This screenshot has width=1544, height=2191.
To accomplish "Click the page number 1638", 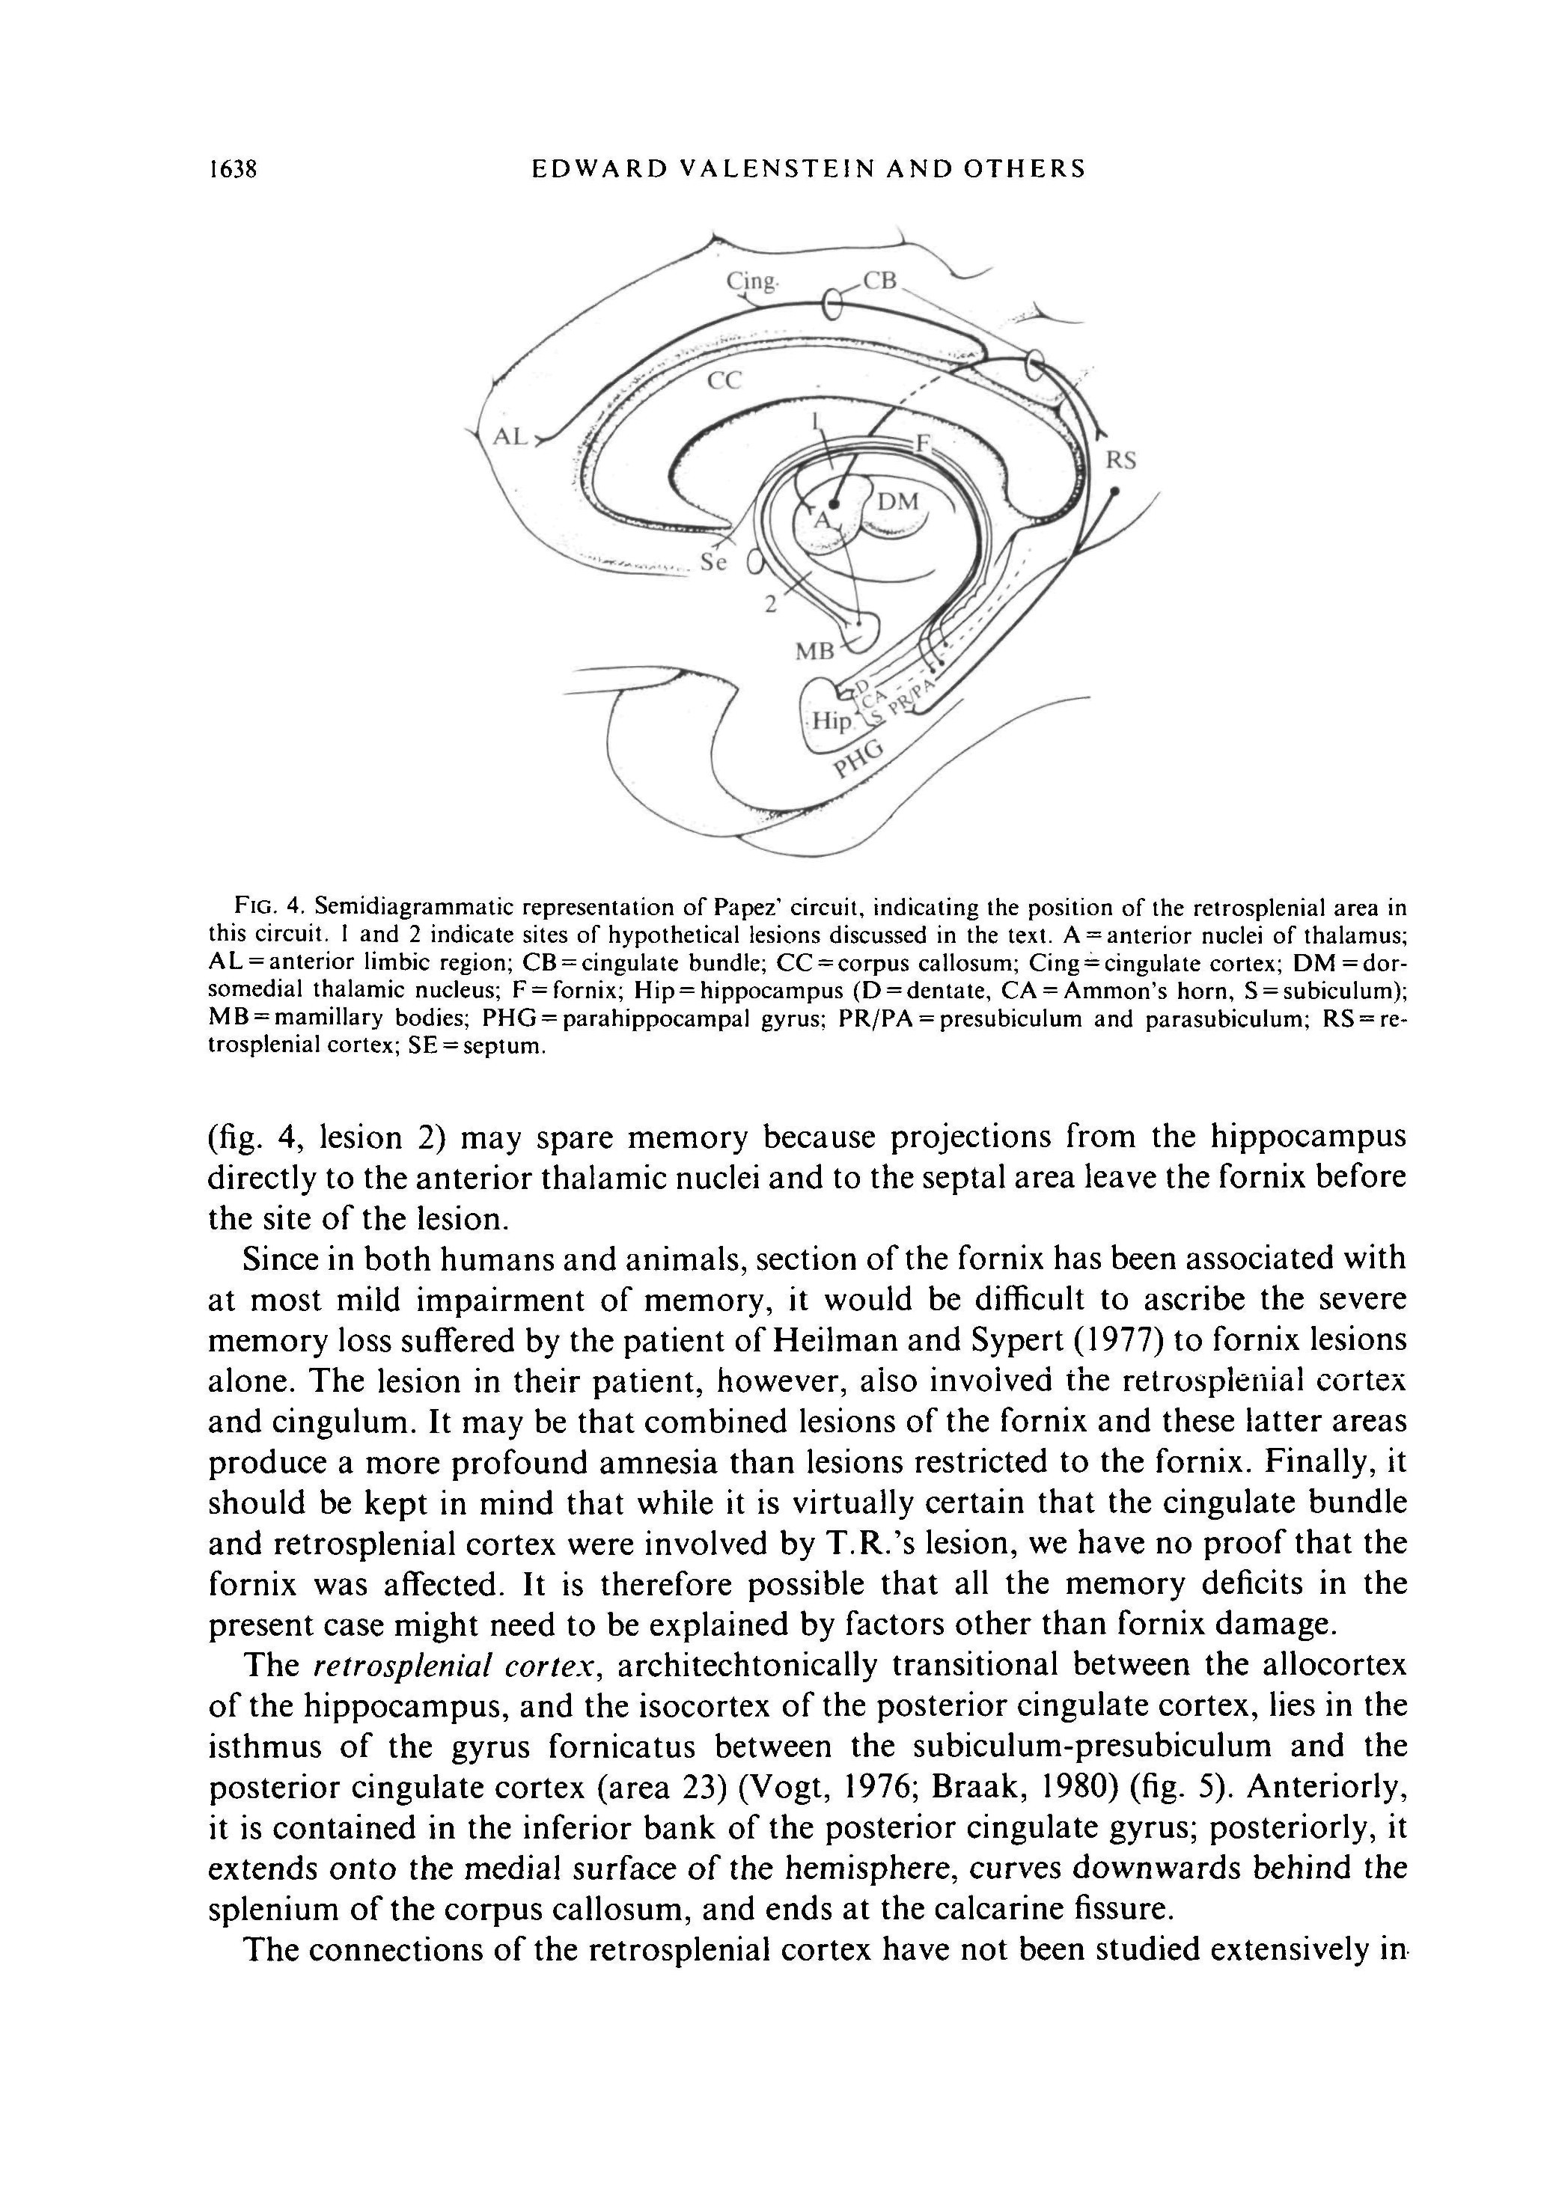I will (234, 170).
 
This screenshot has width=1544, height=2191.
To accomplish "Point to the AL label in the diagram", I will (510, 437).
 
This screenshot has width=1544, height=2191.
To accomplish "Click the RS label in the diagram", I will (1120, 461).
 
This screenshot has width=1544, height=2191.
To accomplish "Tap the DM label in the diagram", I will (897, 502).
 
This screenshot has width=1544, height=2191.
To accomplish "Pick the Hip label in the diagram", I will (829, 722).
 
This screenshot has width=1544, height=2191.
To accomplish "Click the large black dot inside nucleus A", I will (833, 502).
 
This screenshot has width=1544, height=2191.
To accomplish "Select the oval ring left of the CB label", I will (832, 305).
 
